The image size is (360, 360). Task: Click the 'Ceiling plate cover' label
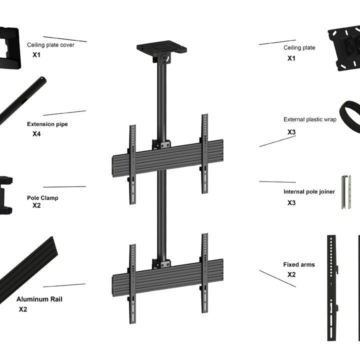pos(50,45)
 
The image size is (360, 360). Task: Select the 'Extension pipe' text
pos(47,124)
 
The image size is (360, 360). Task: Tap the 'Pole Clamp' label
pos(42,198)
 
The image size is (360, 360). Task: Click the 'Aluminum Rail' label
pos(39,299)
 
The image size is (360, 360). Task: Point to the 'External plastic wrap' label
pos(309,119)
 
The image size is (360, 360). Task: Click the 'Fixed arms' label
pos(299,264)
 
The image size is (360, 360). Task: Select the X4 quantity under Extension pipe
pos(36,134)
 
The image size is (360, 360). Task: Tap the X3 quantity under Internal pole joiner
pos(291,203)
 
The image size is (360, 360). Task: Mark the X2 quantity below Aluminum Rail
pos(23,309)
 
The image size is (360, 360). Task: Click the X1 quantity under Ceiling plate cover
pos(36,55)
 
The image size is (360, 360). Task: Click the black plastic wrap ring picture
pos(350,116)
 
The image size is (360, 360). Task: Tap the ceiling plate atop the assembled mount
pos(161,49)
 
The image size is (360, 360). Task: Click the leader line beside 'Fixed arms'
pos(277,278)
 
